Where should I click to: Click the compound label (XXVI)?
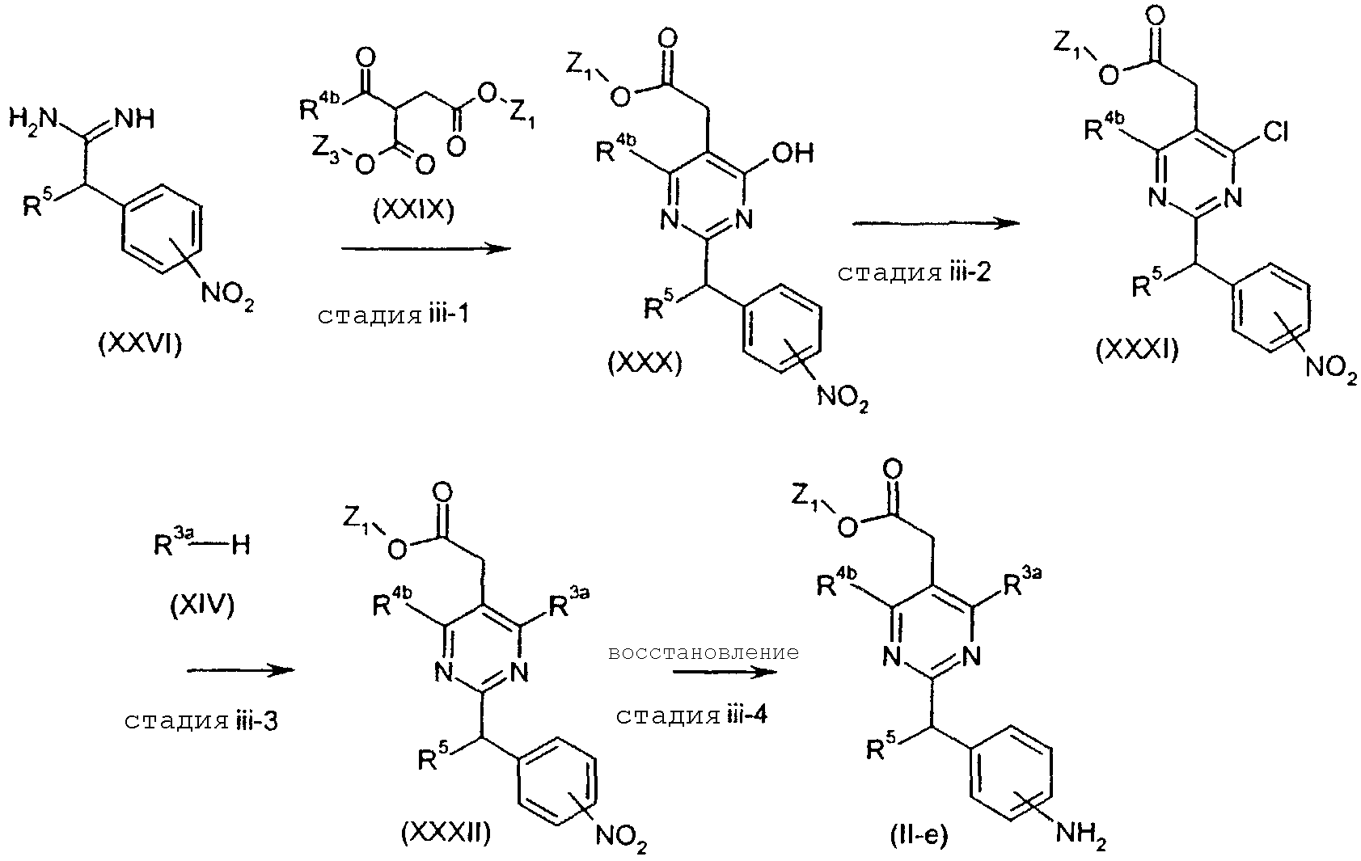[x=140, y=344]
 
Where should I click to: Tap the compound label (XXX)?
[x=645, y=363]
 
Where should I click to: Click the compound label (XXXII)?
[x=446, y=832]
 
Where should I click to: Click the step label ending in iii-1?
[x=393, y=314]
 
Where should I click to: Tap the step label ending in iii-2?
[x=914, y=272]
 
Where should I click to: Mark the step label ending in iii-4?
[x=691, y=715]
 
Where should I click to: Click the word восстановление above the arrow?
[x=703, y=652]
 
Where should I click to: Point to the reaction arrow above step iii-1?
[x=426, y=250]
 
